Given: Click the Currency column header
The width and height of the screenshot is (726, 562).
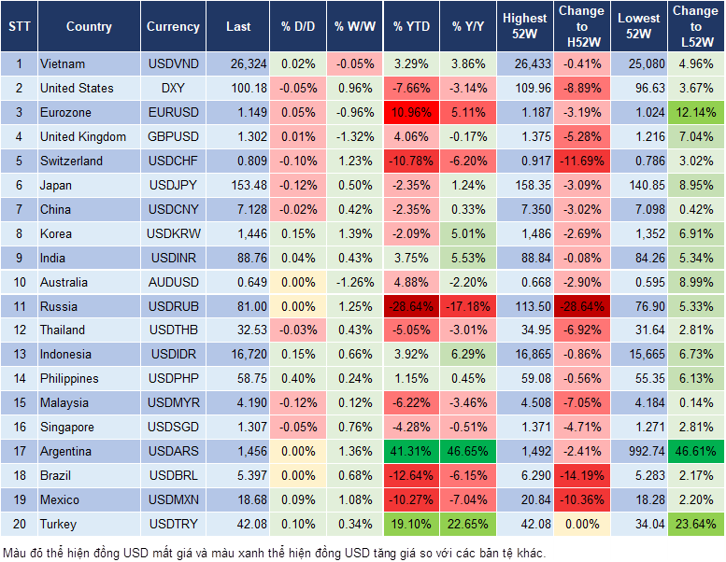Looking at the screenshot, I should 173,26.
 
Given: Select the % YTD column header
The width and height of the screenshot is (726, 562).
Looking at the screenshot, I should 411,26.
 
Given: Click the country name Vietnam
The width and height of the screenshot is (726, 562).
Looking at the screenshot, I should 63,64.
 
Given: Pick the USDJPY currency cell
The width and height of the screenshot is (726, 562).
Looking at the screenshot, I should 173,185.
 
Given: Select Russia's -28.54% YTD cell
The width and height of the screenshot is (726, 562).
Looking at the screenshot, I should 411,306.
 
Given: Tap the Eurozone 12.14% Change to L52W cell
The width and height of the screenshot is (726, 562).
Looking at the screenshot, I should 695,112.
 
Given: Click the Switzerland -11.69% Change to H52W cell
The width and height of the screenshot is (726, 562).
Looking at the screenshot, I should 581,161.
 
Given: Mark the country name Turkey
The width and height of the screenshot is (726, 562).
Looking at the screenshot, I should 59,524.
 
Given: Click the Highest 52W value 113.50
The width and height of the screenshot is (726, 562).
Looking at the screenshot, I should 525,306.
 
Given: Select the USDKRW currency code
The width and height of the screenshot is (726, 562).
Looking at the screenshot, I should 173,233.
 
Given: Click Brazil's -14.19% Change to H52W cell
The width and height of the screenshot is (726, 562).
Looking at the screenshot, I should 581,475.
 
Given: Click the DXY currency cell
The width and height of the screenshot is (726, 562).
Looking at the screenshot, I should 173,88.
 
